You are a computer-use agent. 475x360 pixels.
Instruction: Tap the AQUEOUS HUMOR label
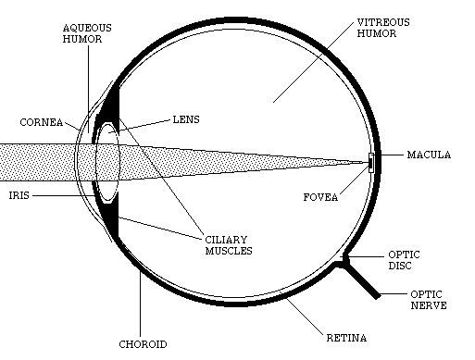88,35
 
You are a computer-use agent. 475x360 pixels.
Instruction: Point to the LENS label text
187,119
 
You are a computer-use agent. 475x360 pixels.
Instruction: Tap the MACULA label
429,155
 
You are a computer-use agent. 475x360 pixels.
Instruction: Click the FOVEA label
320,196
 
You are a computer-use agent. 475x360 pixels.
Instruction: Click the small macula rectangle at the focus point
371,163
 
